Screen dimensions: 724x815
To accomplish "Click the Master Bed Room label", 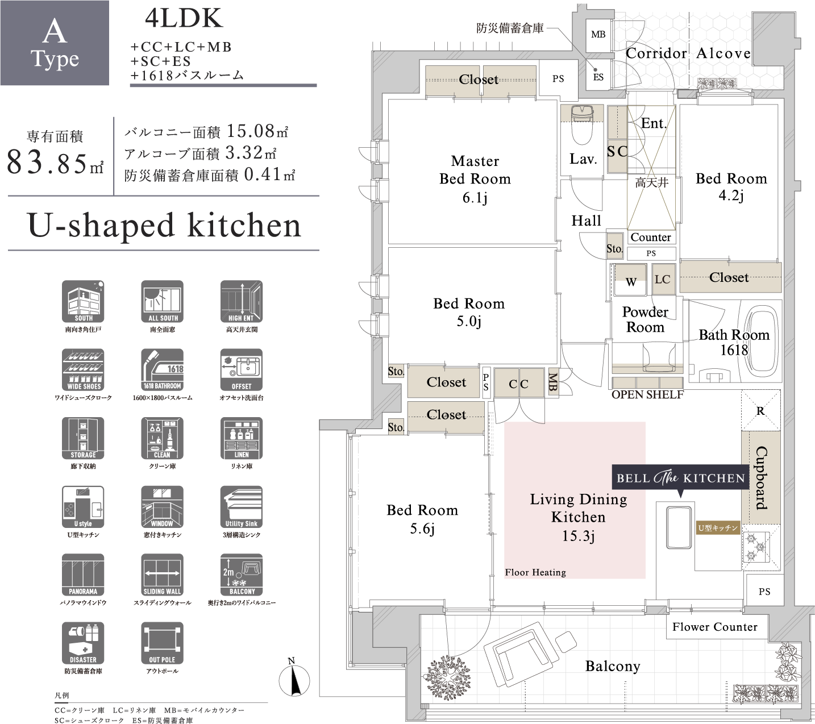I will pos(475,178).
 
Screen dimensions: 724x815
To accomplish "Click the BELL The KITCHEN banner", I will pos(680,478).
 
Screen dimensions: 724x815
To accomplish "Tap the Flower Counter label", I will pos(714,627).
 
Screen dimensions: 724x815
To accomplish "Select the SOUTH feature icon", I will pos(83,301).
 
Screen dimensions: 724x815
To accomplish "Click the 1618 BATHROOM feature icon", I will pos(162,369).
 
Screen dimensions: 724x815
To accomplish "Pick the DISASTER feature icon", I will pos(83,643).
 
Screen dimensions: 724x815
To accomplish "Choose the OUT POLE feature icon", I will pos(162,643).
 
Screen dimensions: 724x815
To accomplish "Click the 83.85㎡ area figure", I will pos(55,163).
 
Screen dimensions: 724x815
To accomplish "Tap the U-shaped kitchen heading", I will pos(164,225).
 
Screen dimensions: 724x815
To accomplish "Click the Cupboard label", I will pos(761,477).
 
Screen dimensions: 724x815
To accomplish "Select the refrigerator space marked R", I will pos(760,411).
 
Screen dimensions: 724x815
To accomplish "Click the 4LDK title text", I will pos(184,19).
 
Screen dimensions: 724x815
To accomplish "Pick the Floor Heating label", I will pos(535,572).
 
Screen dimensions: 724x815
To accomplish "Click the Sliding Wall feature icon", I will pos(162,575).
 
